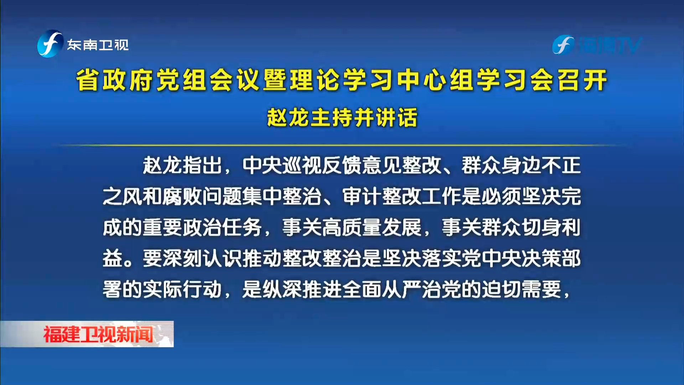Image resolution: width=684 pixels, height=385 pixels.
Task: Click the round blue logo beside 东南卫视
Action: point(50,44)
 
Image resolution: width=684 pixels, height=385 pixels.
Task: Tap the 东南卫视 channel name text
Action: point(98,45)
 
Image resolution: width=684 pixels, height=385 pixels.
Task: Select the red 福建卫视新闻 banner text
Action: point(98,334)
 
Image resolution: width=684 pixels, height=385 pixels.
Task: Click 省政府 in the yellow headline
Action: point(116,80)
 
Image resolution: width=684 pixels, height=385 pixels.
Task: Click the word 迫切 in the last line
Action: point(502,289)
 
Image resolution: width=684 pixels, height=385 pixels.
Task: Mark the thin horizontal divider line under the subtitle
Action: point(342,145)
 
